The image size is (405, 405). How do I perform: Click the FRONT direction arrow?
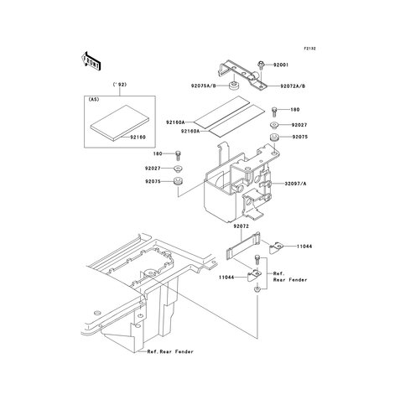point(91,61)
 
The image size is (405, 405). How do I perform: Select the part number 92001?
point(281,65)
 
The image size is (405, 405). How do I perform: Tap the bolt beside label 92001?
point(261,65)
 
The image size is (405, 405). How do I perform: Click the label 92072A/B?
point(293,86)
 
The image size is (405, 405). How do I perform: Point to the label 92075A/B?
point(204,86)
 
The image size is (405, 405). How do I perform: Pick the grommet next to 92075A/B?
point(233,86)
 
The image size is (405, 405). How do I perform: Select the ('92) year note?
point(120,85)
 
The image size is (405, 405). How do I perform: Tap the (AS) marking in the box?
point(94,99)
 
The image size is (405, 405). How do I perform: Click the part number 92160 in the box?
point(138,138)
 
